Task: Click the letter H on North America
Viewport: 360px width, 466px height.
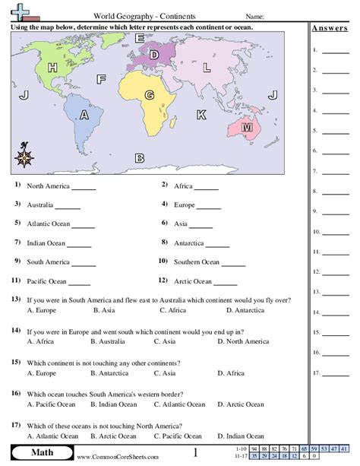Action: click(x=52, y=68)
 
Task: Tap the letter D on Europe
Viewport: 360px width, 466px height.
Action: click(x=154, y=54)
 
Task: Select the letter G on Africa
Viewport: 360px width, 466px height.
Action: click(x=150, y=94)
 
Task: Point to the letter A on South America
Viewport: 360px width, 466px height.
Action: click(x=84, y=114)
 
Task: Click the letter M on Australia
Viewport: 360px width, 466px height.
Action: click(x=246, y=128)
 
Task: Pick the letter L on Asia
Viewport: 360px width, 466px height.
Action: click(x=207, y=68)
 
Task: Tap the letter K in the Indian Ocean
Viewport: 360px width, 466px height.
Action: click(x=201, y=114)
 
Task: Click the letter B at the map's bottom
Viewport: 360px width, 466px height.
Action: click(x=139, y=158)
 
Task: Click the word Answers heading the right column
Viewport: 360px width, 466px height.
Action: click(x=330, y=28)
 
